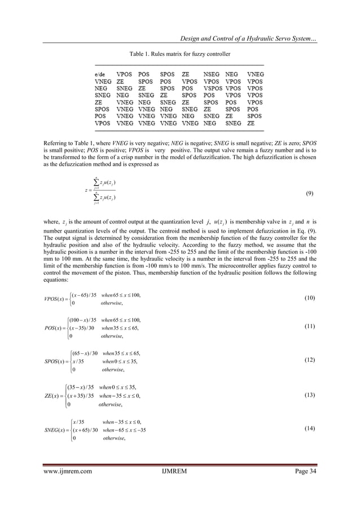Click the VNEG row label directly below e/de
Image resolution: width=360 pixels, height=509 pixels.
pyautogui.click(x=102, y=81)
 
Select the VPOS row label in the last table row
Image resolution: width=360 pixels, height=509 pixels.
pyautogui.click(x=102, y=122)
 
